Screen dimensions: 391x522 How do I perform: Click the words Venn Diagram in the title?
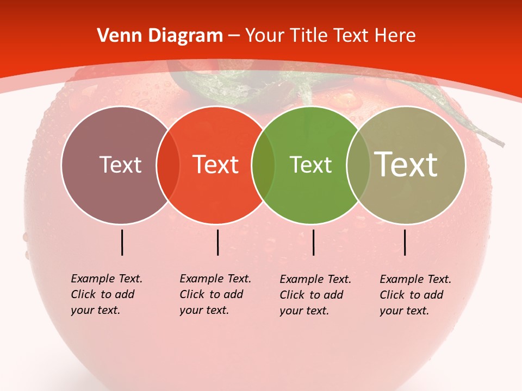pyautogui.click(x=160, y=36)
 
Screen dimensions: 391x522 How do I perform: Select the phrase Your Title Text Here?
pyautogui.click(x=330, y=36)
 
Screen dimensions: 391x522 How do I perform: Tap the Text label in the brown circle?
pyautogui.click(x=120, y=165)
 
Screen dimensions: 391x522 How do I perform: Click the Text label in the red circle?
pyautogui.click(x=216, y=165)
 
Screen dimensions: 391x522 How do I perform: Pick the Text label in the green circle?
pyautogui.click(x=310, y=165)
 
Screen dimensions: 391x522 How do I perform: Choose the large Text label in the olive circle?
pyautogui.click(x=406, y=164)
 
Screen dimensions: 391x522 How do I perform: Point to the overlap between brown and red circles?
pyautogui.click(x=168, y=165)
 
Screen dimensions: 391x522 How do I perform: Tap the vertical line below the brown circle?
pyautogui.click(x=122, y=242)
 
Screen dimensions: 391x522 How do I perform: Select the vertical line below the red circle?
pyautogui.click(x=217, y=242)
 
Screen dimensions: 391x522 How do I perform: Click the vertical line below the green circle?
pyautogui.click(x=313, y=242)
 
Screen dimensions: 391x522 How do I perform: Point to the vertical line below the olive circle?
pyautogui.click(x=405, y=242)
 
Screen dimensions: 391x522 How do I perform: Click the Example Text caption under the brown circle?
pyautogui.click(x=106, y=294)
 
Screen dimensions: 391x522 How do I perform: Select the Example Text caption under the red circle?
pyautogui.click(x=215, y=294)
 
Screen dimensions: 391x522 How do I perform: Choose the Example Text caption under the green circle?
pyautogui.click(x=315, y=295)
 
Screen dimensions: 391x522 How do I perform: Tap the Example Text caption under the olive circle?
pyautogui.click(x=415, y=295)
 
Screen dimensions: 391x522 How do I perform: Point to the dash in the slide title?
pyautogui.click(x=234, y=36)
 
